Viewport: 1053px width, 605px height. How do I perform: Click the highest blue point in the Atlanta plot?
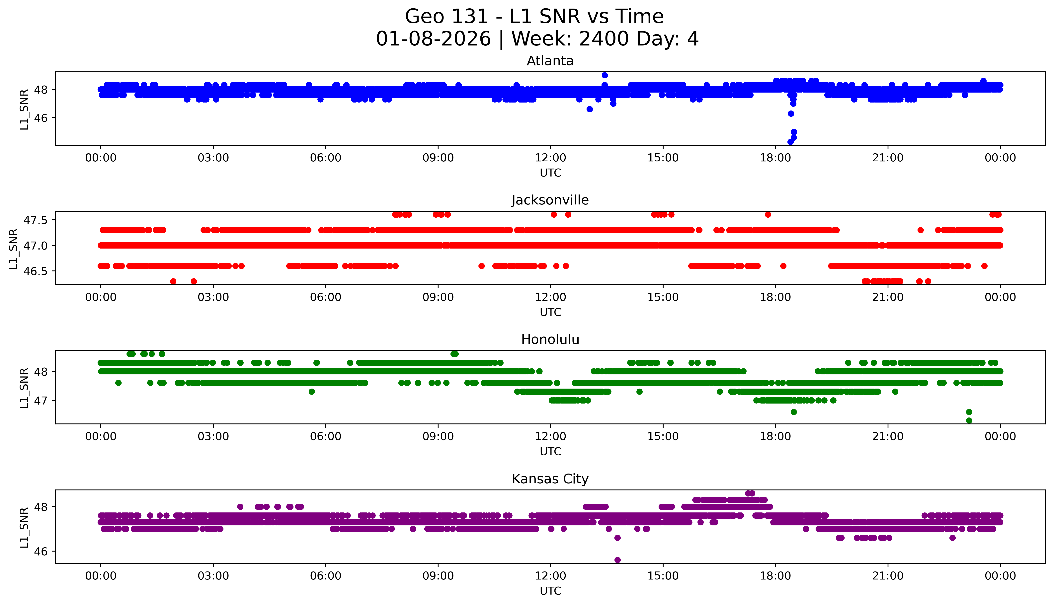605,75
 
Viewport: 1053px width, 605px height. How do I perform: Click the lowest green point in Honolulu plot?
969,420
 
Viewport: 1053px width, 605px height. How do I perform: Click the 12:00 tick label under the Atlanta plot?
550,158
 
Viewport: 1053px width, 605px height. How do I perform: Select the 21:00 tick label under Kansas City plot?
888,576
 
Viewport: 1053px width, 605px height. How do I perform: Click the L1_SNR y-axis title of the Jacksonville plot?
13,249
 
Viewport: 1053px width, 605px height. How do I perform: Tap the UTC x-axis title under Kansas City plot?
550,591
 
